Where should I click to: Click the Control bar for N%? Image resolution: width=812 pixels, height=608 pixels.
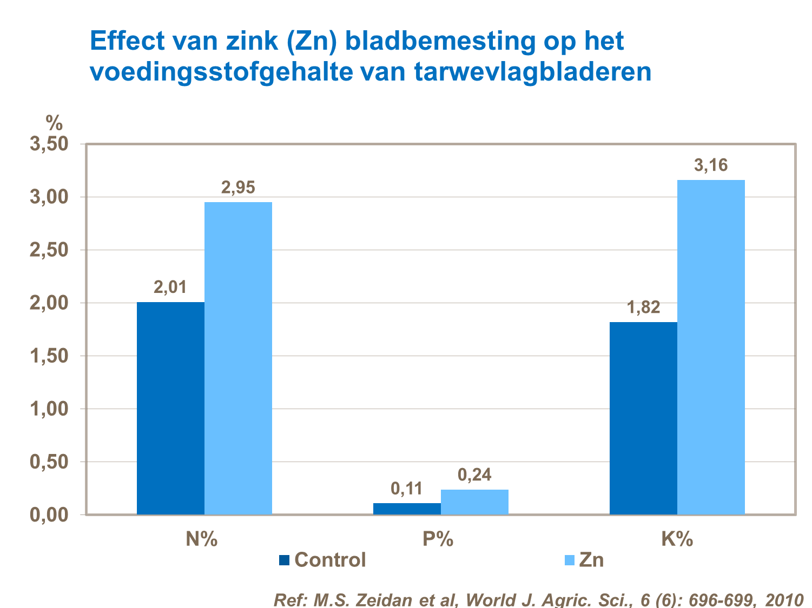tap(170, 408)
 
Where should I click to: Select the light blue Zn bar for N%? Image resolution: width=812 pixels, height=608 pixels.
tap(238, 358)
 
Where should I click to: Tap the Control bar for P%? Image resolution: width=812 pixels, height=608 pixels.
tap(407, 509)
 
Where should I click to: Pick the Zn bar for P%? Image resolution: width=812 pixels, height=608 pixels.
tap(474, 502)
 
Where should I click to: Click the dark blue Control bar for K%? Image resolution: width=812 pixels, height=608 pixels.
tap(643, 418)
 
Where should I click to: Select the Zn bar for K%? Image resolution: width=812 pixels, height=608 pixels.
tap(711, 347)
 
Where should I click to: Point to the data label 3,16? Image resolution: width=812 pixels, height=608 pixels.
tap(711, 165)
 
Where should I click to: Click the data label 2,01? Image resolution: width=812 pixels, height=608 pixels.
tap(170, 288)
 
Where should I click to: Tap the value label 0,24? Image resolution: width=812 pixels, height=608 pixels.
tap(474, 475)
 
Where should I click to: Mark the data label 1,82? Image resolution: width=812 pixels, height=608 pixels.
tap(643, 308)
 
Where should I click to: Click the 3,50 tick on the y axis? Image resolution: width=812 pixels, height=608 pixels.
tap(49, 144)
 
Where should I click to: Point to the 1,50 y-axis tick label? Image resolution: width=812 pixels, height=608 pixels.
tap(49, 356)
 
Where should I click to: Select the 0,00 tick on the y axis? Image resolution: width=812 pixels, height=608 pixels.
tap(49, 515)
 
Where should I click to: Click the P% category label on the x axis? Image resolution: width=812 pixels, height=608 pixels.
tap(438, 539)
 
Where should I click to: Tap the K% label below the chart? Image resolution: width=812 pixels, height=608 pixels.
tap(677, 539)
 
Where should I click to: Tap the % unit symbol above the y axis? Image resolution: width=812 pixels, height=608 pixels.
tap(54, 124)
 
